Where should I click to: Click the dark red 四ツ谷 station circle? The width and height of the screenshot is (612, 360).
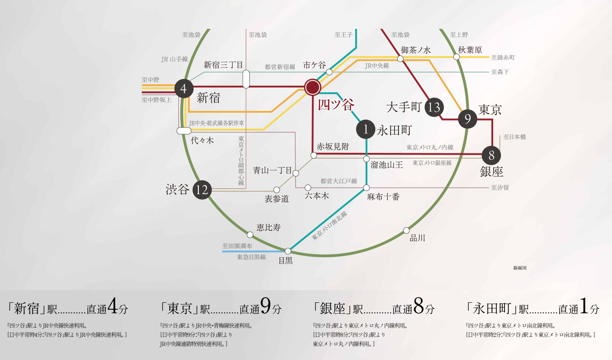click(x=313, y=87)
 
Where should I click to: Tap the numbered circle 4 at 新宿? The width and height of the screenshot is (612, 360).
click(x=184, y=89)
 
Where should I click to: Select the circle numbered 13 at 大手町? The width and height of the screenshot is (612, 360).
click(x=434, y=107)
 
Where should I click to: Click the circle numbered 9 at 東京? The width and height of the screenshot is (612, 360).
click(x=467, y=119)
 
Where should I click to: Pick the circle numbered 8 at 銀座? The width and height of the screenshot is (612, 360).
click(x=491, y=156)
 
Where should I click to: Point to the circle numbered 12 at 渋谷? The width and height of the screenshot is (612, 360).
click(x=202, y=190)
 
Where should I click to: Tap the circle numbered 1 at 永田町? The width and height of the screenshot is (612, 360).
click(x=366, y=129)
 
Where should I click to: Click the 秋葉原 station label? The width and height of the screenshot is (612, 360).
click(x=470, y=50)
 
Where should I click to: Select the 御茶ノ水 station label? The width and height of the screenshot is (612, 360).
click(x=415, y=50)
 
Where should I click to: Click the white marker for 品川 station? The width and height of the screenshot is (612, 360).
click(x=406, y=230)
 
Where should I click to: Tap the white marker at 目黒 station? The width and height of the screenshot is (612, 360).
click(x=288, y=251)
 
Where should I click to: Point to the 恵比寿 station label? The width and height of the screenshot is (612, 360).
click(x=269, y=228)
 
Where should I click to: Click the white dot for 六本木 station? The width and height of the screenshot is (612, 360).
click(x=308, y=188)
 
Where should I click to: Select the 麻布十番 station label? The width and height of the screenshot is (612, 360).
click(x=384, y=197)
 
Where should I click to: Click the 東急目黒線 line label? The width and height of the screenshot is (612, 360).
click(x=251, y=257)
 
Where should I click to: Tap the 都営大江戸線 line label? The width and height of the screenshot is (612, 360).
click(x=339, y=181)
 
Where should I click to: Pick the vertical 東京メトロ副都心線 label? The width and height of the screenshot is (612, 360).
click(x=241, y=161)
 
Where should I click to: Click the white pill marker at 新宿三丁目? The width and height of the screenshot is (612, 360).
click(x=246, y=79)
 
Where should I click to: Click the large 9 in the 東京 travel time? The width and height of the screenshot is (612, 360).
click(x=266, y=305)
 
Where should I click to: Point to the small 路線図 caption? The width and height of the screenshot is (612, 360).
click(x=520, y=268)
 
